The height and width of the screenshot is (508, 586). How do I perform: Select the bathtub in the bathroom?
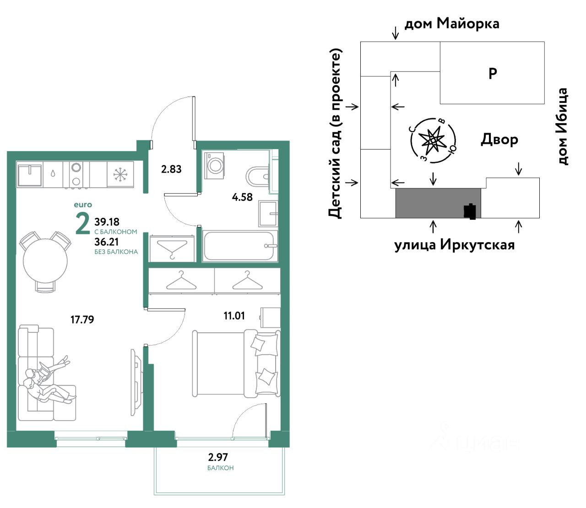(x=240, y=246)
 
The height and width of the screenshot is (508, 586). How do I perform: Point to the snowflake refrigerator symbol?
(x=120, y=174)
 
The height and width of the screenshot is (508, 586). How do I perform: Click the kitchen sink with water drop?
(x=53, y=174)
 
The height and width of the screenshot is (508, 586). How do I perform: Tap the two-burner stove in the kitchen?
(x=76, y=174)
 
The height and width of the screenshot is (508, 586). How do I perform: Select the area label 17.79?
(x=82, y=319)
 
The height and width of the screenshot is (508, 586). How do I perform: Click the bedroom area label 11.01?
(x=234, y=316)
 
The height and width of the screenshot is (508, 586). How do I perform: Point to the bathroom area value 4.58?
(x=242, y=197)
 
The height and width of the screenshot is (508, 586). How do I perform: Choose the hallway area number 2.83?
(x=171, y=169)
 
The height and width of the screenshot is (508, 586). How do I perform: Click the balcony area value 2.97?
(x=218, y=457)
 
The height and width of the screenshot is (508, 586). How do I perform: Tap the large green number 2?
(x=83, y=224)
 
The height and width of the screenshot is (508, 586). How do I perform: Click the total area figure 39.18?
(x=107, y=222)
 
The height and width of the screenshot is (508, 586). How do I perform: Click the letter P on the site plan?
(x=493, y=73)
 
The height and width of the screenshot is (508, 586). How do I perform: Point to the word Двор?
(x=499, y=140)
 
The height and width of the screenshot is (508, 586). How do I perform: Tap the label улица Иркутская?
(x=454, y=245)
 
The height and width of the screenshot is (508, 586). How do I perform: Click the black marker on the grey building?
(x=470, y=211)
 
